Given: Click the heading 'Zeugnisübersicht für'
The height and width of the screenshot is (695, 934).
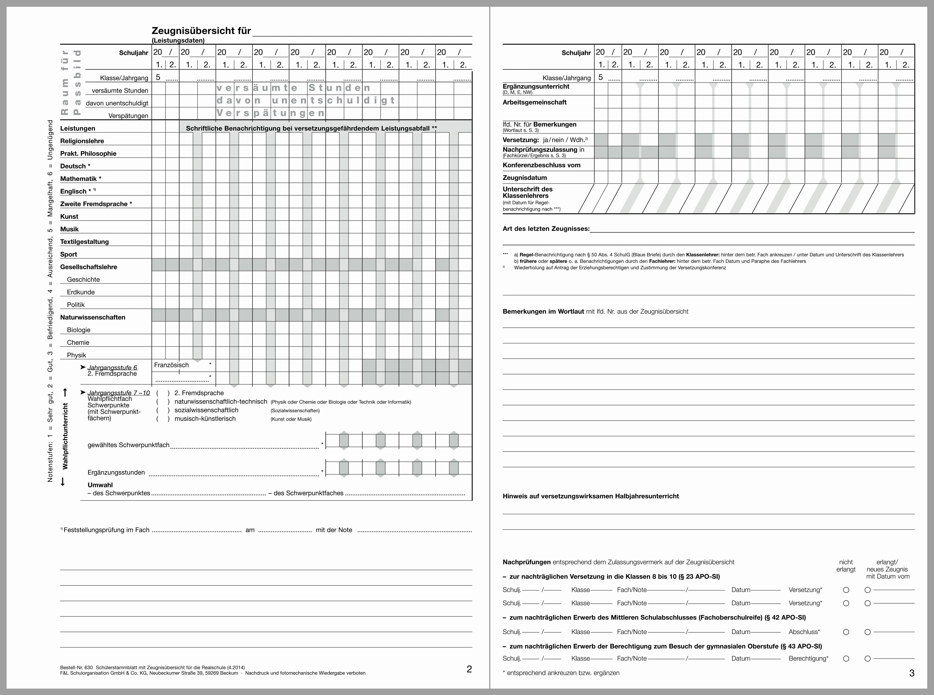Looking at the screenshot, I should (201, 31).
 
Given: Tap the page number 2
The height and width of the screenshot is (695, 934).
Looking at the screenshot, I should (469, 669).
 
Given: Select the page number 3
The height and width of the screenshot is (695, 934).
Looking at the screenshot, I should (912, 673).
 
